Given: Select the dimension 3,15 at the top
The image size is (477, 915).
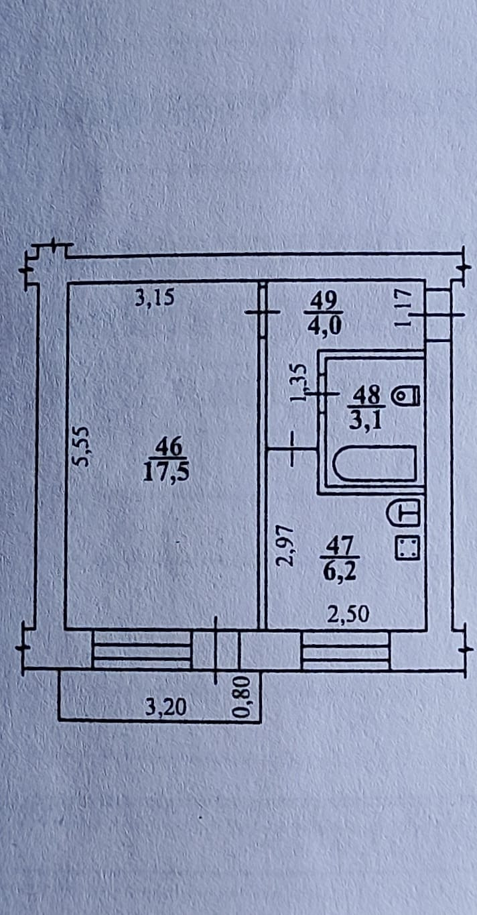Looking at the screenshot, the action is (x=154, y=297).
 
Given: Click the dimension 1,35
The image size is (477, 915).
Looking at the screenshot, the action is (x=299, y=382).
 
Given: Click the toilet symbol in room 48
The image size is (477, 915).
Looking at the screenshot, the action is (x=406, y=396).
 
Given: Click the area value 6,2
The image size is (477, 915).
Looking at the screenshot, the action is (x=340, y=572).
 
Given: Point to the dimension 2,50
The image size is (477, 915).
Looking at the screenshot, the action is (x=348, y=615).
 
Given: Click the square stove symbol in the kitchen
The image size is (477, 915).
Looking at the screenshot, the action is (x=407, y=549).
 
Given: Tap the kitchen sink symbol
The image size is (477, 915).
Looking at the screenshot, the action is (x=405, y=514).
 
